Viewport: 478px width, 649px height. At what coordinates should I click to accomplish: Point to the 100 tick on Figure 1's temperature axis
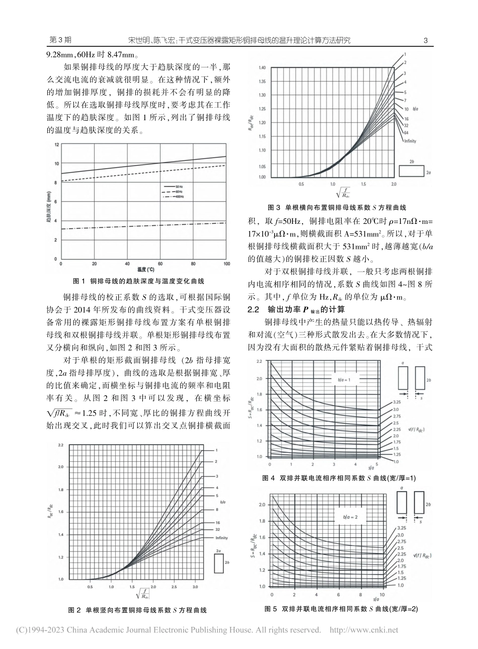pos(226,264)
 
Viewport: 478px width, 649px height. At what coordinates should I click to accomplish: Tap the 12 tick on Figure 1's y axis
pos(56,144)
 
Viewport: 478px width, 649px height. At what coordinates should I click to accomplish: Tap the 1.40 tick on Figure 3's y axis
pos(262,67)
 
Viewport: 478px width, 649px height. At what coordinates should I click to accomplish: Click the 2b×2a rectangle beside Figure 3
pos(412,172)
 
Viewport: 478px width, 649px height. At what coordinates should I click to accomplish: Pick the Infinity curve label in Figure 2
pos(222,538)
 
